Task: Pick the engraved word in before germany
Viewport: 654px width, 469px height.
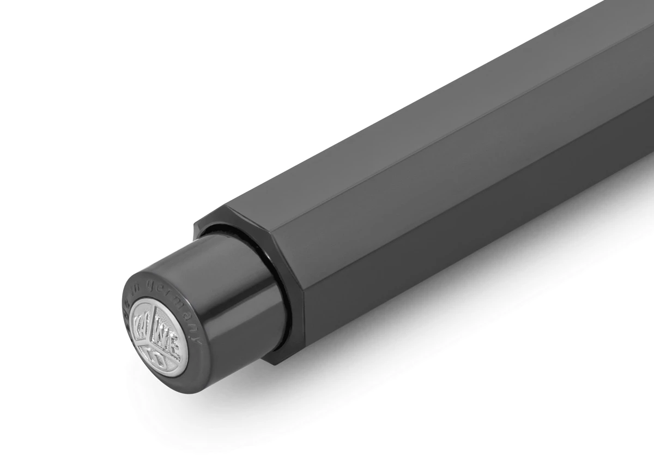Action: (x=146, y=290)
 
